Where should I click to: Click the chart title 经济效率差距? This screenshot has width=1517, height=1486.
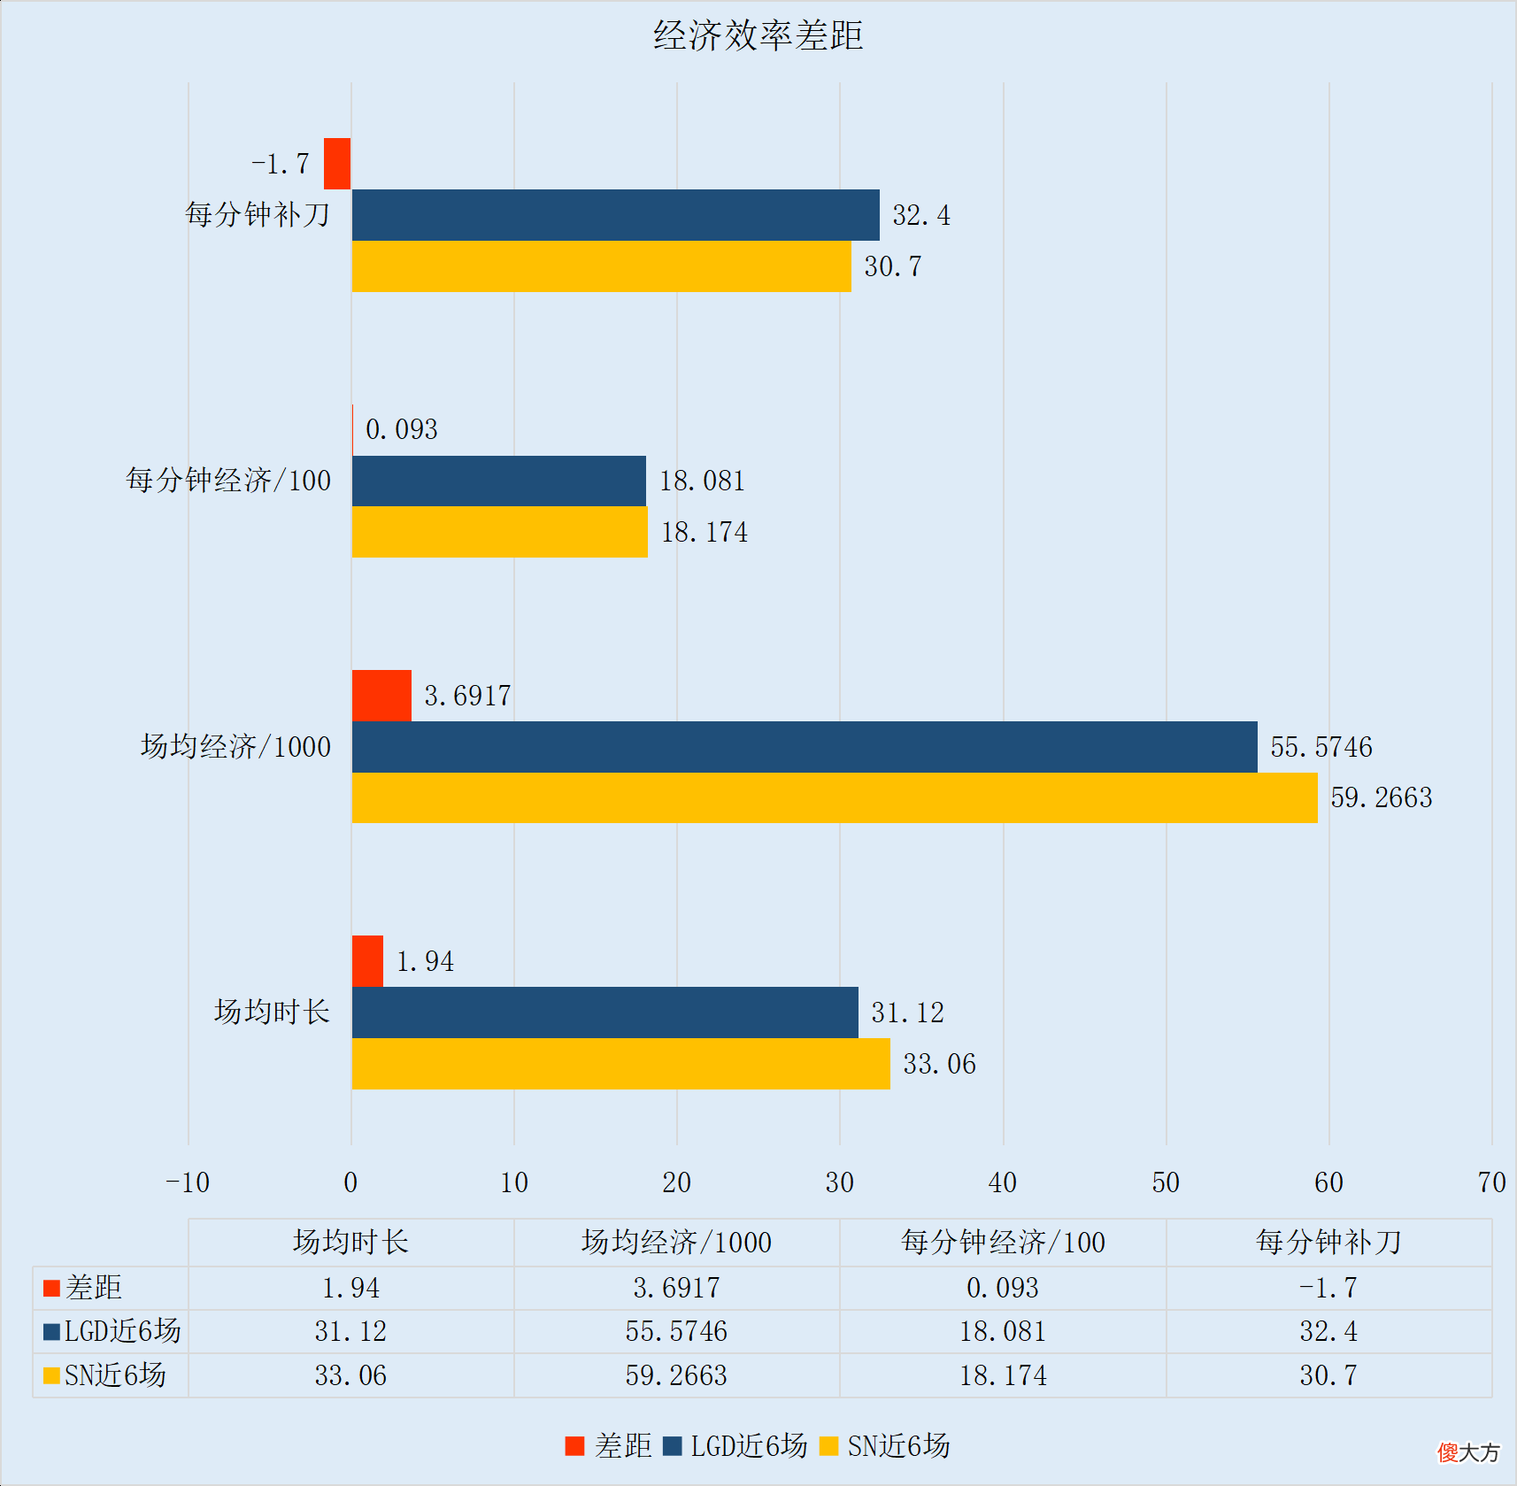pyautogui.click(x=758, y=35)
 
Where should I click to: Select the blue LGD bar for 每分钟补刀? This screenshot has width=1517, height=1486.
pyautogui.click(x=615, y=215)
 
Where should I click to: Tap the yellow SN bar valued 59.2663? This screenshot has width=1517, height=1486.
pyautogui.click(x=834, y=797)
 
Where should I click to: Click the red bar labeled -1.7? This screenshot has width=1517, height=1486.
pyautogui.click(x=337, y=164)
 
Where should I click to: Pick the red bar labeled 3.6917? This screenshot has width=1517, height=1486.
pyautogui.click(x=381, y=696)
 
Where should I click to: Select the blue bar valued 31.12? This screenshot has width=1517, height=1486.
pyautogui.click(x=604, y=1012)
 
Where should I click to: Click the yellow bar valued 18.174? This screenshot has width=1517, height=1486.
pyautogui.click(x=499, y=532)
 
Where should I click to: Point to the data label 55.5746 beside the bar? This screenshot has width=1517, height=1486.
pyautogui.click(x=1321, y=747)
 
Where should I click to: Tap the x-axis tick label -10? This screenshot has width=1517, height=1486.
pyautogui.click(x=188, y=1182)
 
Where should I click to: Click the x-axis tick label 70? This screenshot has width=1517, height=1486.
pyautogui.click(x=1491, y=1182)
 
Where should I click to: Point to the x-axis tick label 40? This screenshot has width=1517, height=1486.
pyautogui.click(x=1003, y=1182)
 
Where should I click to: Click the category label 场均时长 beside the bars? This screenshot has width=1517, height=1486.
pyautogui.click(x=272, y=1012)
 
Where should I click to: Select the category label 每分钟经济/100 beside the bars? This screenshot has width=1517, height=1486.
pyautogui.click(x=228, y=481)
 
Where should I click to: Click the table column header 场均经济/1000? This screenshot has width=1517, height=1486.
pyautogui.click(x=676, y=1243)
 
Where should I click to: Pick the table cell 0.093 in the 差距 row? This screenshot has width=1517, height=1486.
pyautogui.click(x=1002, y=1288)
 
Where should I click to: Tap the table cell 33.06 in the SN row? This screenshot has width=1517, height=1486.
pyautogui.click(x=350, y=1375)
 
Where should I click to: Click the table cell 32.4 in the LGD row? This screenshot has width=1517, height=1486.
pyautogui.click(x=1328, y=1331)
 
